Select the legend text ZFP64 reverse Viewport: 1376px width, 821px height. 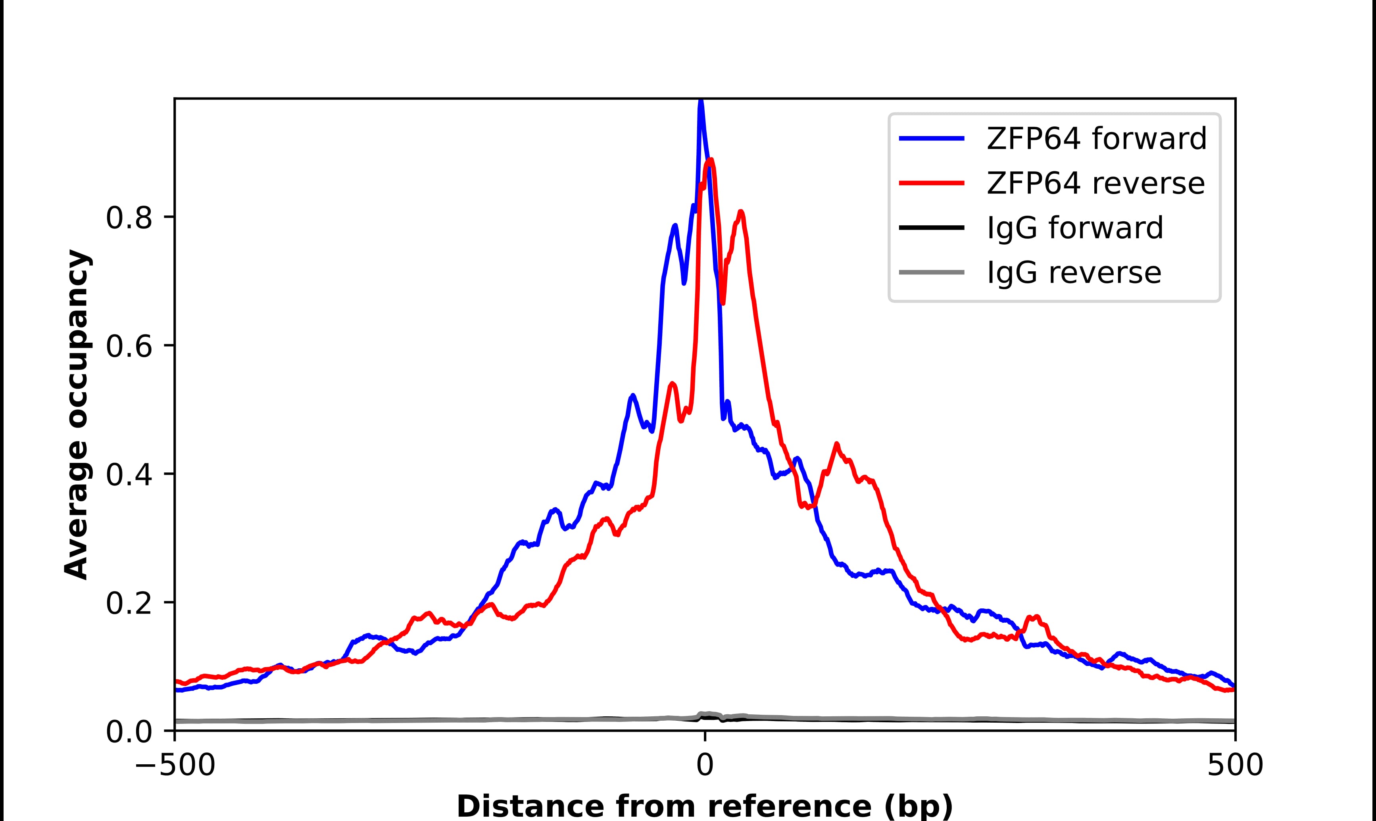1095,183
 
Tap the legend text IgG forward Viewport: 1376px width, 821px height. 1074,228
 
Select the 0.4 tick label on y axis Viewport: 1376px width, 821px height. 129,475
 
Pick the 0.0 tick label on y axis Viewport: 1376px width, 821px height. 129,732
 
